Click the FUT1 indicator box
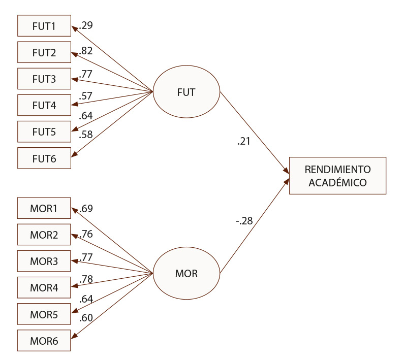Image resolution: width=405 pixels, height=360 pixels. click(44, 25)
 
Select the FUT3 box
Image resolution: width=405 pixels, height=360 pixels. click(44, 79)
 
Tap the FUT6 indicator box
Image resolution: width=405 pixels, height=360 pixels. click(44, 158)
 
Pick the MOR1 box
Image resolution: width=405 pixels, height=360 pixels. click(44, 209)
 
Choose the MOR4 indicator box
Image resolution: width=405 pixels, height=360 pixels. click(44, 288)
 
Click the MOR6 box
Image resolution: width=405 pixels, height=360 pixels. click(44, 341)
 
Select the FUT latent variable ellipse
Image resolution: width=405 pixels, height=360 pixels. click(186, 93)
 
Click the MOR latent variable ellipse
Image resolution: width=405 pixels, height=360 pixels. click(186, 275)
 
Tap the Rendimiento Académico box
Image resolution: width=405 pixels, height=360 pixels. click(337, 176)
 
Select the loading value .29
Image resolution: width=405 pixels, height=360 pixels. click(86, 25)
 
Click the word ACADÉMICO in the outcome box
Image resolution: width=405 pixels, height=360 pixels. click(337, 182)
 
